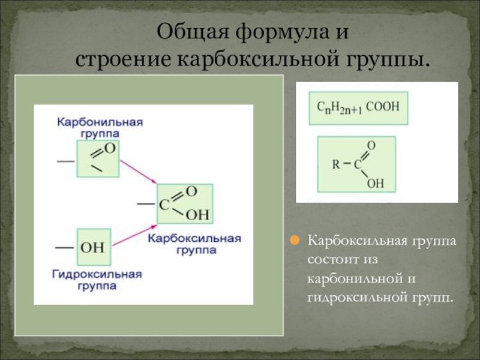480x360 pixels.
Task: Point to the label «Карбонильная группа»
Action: (x=100, y=127)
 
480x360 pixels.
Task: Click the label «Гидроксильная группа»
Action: (x=97, y=280)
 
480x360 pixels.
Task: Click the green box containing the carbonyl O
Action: (x=98, y=158)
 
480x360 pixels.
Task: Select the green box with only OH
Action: (x=94, y=247)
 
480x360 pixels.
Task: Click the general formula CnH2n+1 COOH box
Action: (x=358, y=108)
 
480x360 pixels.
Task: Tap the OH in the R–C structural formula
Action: (x=374, y=183)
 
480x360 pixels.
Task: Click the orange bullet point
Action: (x=295, y=241)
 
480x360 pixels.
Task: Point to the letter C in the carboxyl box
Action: (x=164, y=204)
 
